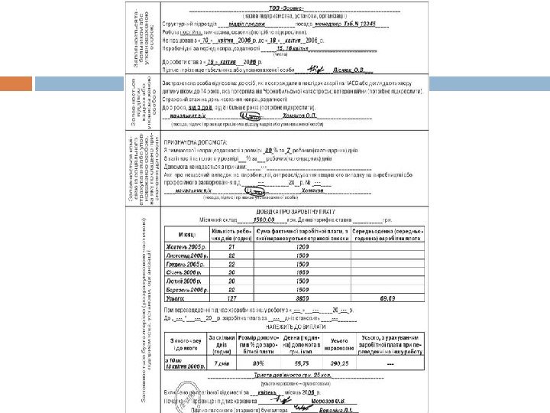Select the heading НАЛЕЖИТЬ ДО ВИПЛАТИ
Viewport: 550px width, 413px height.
point(290,324)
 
